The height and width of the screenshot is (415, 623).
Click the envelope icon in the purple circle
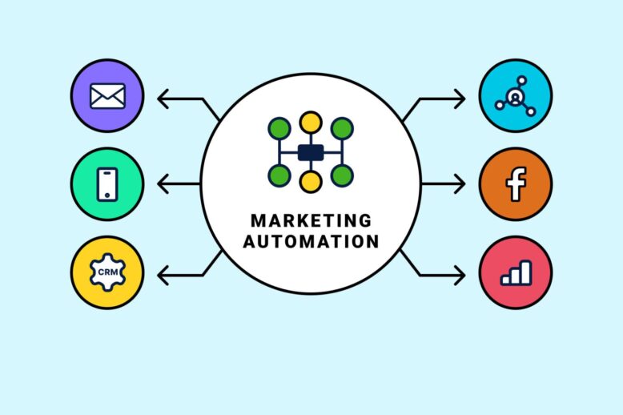(x=107, y=96)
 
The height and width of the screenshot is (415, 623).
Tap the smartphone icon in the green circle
(x=107, y=184)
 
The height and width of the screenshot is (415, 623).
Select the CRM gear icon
(x=107, y=272)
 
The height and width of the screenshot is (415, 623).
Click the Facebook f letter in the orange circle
(x=516, y=184)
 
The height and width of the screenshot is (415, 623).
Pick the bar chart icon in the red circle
(x=516, y=272)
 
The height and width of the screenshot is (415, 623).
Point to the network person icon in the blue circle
(x=516, y=96)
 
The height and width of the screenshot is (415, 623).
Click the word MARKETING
(x=311, y=220)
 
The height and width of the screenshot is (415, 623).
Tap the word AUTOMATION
(x=311, y=242)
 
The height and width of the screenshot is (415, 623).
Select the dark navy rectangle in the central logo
(x=311, y=153)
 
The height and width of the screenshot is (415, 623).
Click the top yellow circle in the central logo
(x=311, y=122)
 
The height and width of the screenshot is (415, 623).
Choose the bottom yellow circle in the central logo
(x=311, y=182)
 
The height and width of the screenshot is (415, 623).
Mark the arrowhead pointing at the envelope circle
(x=163, y=99)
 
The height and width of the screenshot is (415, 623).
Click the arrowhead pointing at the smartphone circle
(x=163, y=184)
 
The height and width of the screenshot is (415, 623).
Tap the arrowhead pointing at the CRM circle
(x=163, y=275)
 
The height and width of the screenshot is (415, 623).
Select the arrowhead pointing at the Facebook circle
(x=460, y=184)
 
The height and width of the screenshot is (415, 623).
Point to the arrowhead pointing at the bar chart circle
(x=460, y=275)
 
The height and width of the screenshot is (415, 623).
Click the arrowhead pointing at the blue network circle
(x=460, y=99)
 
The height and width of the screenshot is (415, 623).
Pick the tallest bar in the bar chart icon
(x=526, y=272)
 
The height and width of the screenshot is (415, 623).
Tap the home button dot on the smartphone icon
(x=107, y=195)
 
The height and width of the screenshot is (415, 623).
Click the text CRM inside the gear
(x=107, y=272)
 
